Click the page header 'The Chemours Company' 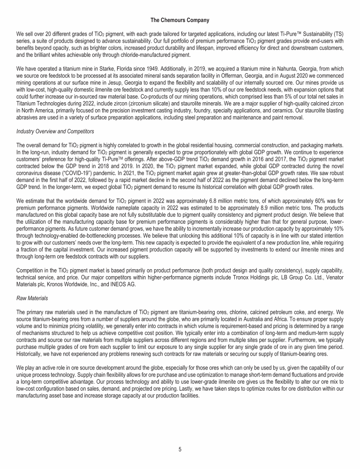pos(180,20)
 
